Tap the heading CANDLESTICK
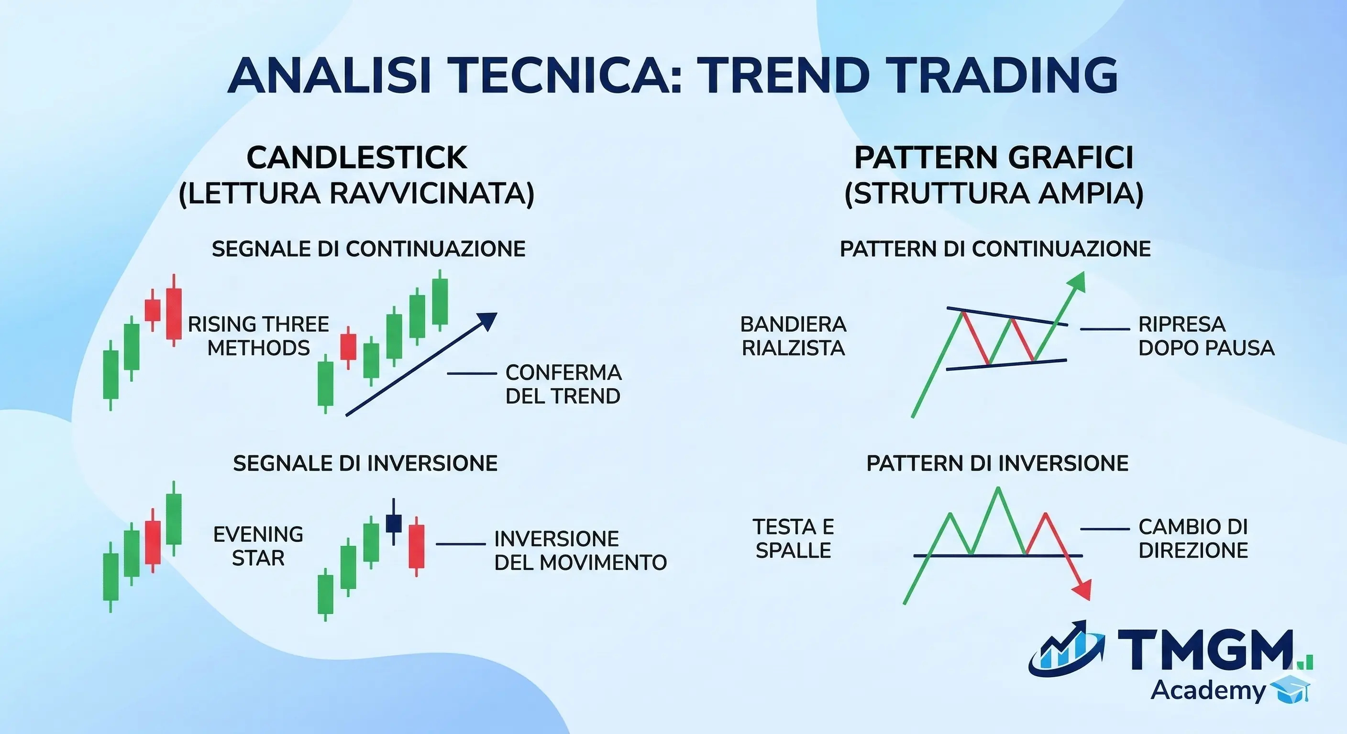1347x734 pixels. click(357, 158)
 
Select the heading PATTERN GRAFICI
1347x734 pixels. click(994, 158)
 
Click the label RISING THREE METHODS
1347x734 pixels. click(258, 336)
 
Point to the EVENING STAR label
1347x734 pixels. click(258, 546)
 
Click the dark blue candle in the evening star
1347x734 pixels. click(393, 523)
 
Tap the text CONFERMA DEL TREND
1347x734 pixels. click(563, 385)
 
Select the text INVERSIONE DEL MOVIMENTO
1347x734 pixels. click(580, 550)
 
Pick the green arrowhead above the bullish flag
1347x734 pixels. click(1078, 282)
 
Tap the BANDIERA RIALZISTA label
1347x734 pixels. click(793, 336)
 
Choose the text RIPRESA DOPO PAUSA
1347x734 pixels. click(1206, 336)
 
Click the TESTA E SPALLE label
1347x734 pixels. click(793, 539)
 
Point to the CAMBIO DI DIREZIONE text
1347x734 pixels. click(1193, 539)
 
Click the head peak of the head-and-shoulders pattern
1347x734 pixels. click(998, 489)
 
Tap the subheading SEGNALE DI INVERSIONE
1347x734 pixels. click(365, 464)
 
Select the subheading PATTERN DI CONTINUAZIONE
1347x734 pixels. click(994, 248)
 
